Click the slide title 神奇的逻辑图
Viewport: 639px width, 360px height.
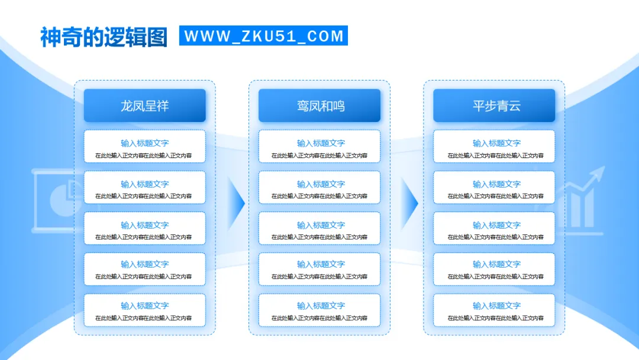pyautogui.click(x=104, y=37)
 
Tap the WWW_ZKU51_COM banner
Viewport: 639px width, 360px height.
pyautogui.click(x=263, y=36)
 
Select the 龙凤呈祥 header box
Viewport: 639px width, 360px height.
pyautogui.click(x=145, y=106)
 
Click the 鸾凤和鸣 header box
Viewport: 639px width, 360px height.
pyautogui.click(x=319, y=106)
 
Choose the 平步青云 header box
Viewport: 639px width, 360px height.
pyautogui.click(x=494, y=106)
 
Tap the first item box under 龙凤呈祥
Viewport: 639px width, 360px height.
pyautogui.click(x=145, y=146)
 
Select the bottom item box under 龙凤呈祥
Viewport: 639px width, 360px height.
pyautogui.click(x=145, y=310)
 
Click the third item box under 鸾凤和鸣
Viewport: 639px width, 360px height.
pyautogui.click(x=319, y=229)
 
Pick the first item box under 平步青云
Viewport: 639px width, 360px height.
pyautogui.click(x=494, y=146)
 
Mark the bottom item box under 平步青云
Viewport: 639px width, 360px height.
pyautogui.click(x=494, y=310)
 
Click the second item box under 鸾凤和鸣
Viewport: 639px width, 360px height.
pyautogui.click(x=319, y=188)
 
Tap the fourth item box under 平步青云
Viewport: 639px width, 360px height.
pyautogui.click(x=494, y=269)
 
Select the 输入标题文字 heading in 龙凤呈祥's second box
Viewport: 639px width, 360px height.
pyautogui.click(x=145, y=184)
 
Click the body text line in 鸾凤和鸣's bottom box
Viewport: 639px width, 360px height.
pyautogui.click(x=319, y=318)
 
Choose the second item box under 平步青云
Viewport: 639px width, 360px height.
pyautogui.click(x=494, y=188)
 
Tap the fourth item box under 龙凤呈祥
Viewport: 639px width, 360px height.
pyautogui.click(x=145, y=269)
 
